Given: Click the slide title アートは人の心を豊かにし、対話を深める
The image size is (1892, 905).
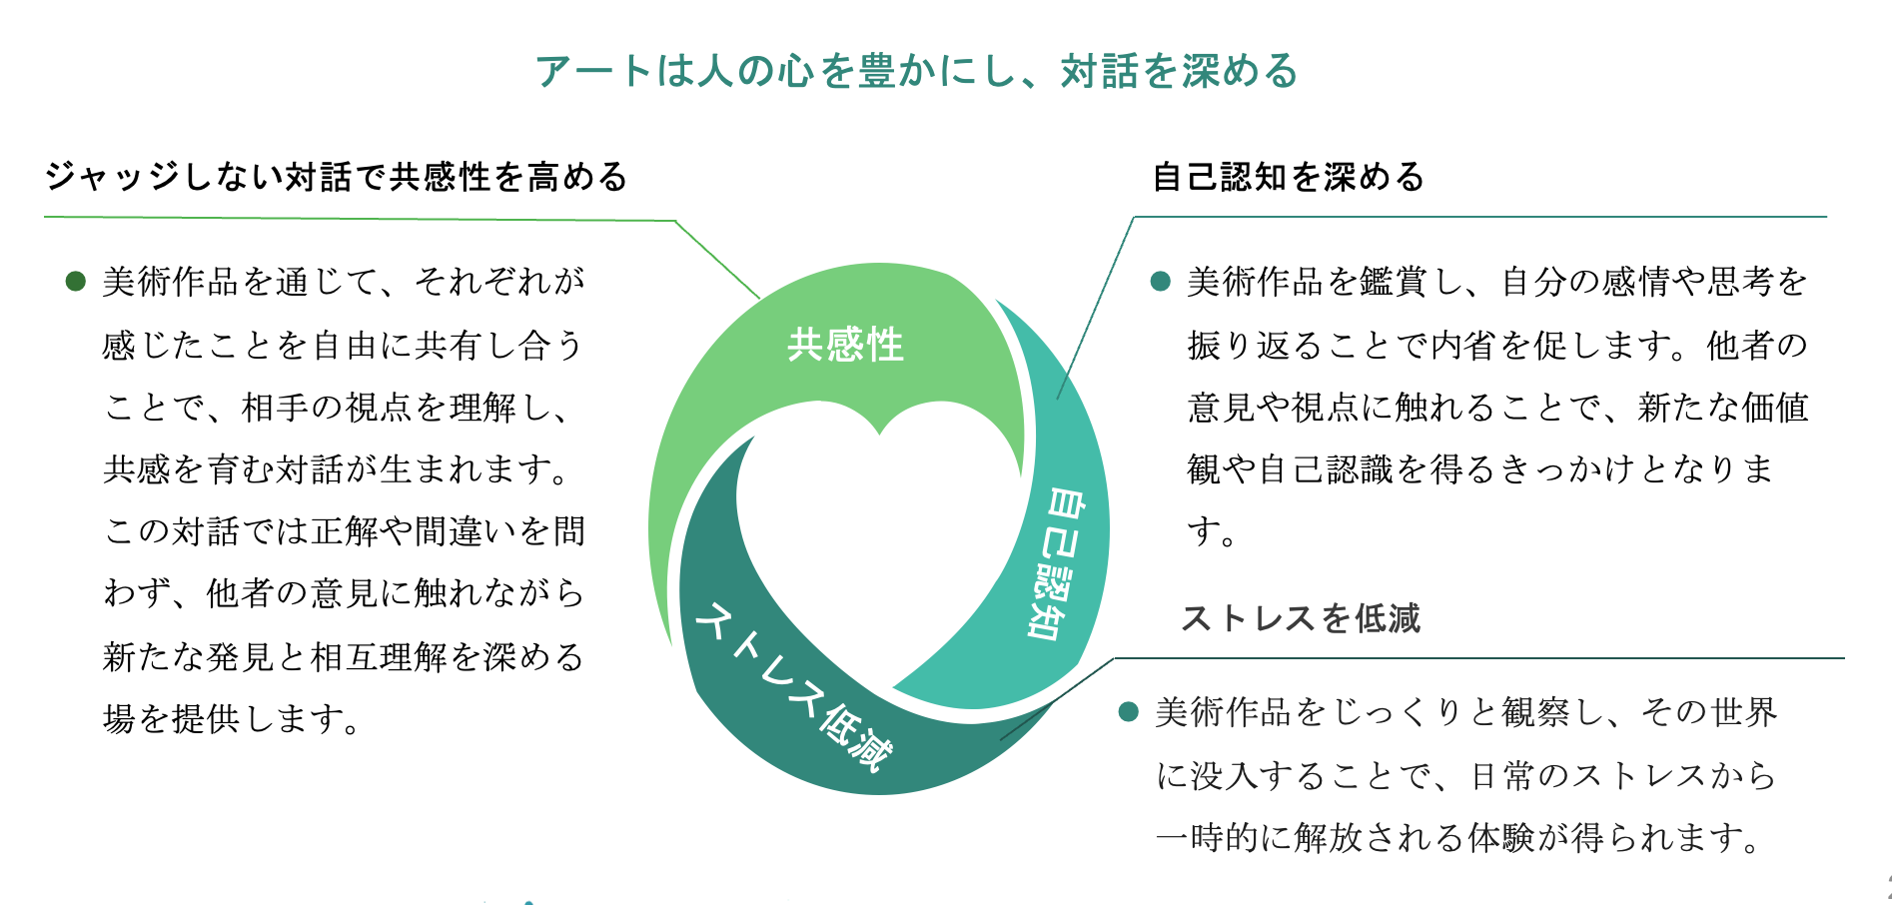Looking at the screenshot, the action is tap(916, 71).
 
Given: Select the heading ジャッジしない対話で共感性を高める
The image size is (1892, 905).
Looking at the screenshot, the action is tap(337, 177).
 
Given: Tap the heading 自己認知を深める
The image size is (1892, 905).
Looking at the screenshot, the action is tap(1289, 177).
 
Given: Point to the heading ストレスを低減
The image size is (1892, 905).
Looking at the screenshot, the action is tap(1301, 618).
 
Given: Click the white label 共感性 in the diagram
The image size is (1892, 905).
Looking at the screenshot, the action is tap(845, 345).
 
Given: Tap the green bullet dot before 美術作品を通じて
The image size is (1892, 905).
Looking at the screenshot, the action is tap(75, 281).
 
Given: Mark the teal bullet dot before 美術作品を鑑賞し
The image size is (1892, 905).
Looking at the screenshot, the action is tap(1160, 281).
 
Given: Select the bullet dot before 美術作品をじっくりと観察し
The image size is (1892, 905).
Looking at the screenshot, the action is tap(1129, 711).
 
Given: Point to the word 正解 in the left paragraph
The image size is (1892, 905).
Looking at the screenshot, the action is tap(346, 531).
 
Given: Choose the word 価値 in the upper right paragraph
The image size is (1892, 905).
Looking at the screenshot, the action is tap(1775, 407).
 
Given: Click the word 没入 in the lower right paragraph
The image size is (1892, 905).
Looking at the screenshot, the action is tap(1225, 775).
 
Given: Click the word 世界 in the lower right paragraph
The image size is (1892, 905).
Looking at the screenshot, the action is tap(1743, 712).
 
